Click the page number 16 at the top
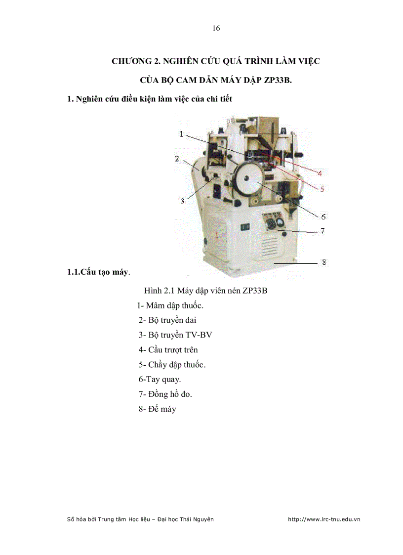point(216,28)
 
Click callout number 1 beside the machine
point(182,134)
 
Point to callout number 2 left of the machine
point(176,159)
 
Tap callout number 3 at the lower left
point(182,201)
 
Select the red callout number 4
point(320,173)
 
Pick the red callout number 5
point(322,189)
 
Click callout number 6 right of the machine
point(323,216)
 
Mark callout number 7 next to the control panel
point(322,231)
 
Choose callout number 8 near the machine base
point(323,262)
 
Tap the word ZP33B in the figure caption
point(255,291)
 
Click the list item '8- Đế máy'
point(157,409)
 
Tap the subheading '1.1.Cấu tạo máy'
point(98,272)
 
